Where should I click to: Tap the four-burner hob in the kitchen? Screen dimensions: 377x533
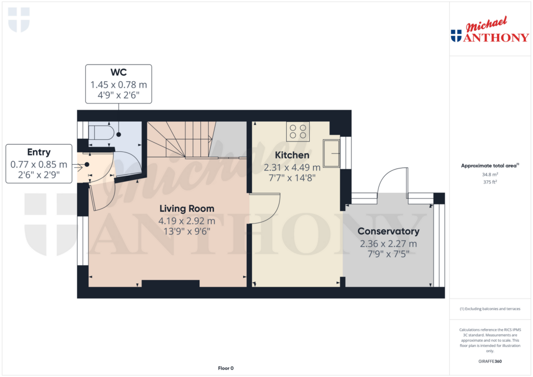point(298,131)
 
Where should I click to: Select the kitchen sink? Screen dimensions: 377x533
point(331,153)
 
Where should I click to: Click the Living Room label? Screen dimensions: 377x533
point(186,209)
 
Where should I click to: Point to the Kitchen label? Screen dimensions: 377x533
point(292,155)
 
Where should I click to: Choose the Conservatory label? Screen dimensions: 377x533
point(388,231)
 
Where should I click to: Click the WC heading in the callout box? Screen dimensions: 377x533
point(118,72)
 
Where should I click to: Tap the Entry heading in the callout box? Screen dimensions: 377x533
point(39,152)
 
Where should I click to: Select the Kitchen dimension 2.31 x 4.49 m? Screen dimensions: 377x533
point(292,167)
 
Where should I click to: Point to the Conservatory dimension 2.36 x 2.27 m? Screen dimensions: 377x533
point(388,243)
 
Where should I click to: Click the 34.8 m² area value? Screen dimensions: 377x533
point(489,175)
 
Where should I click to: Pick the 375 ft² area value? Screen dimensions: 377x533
point(489,182)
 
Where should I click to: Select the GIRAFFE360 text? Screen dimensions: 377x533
point(489,361)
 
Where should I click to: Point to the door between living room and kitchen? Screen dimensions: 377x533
point(265,208)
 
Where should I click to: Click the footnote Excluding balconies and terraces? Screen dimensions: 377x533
point(489,309)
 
